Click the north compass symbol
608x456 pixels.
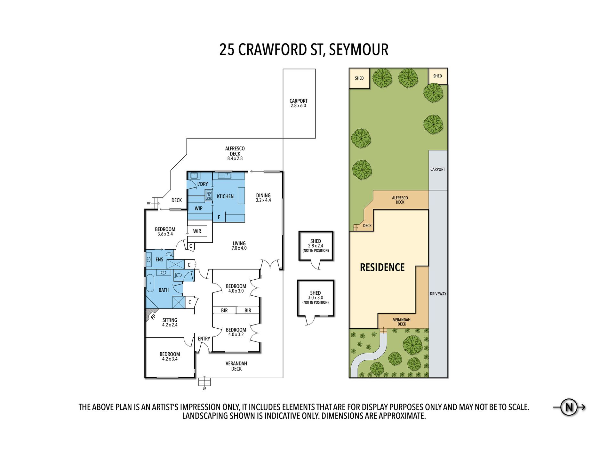(x=569, y=407)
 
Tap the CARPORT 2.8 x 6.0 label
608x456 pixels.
(x=298, y=103)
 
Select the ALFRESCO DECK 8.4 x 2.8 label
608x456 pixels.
(x=235, y=153)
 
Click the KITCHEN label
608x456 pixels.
(x=225, y=196)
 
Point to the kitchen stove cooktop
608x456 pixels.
(x=209, y=195)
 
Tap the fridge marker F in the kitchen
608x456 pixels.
(x=219, y=217)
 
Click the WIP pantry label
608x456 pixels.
(x=198, y=208)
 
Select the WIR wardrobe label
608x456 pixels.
(x=197, y=231)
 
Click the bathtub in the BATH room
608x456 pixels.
(x=150, y=284)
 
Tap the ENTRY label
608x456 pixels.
(x=204, y=339)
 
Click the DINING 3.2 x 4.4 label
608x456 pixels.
(x=263, y=198)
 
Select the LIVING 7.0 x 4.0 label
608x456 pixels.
(x=239, y=245)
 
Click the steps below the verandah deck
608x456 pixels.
(x=204, y=382)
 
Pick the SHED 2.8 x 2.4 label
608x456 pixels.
(x=316, y=245)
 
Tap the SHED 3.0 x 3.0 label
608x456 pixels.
(x=316, y=297)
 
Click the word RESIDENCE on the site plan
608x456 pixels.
(x=382, y=267)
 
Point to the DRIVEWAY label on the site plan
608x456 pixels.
(x=438, y=294)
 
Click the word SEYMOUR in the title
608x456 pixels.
(x=359, y=50)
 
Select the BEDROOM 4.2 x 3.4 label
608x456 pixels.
(x=170, y=356)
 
